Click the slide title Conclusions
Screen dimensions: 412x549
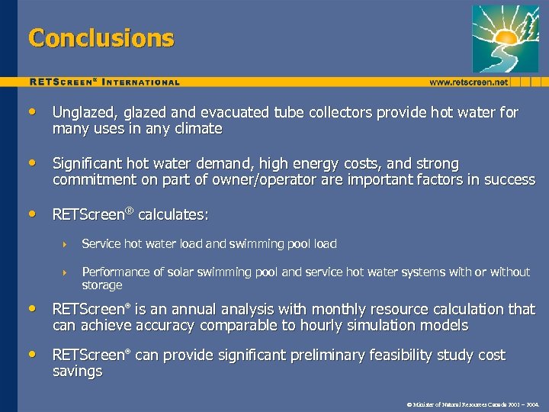[x=101, y=37]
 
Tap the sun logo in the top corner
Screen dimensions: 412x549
[x=505, y=37]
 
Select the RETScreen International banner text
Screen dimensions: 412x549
[x=104, y=82]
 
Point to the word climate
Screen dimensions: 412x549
[x=197, y=129]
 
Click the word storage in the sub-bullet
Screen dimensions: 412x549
[x=101, y=285]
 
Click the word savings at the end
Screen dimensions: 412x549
[x=77, y=372]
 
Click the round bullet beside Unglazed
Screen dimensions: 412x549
[x=31, y=113]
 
